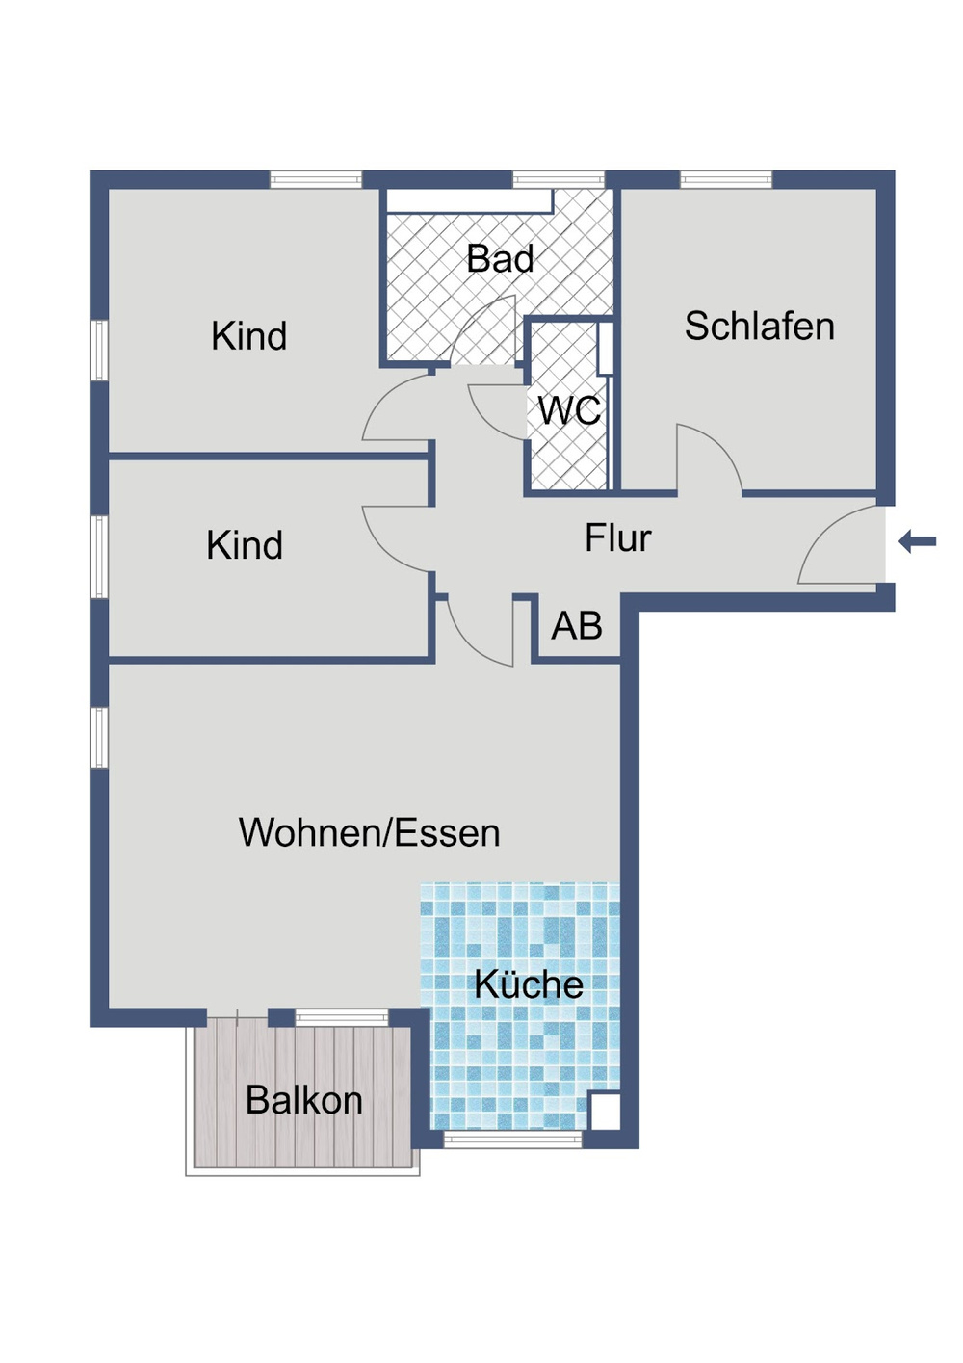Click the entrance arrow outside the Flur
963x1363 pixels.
tap(918, 541)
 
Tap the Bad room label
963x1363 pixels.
tap(500, 259)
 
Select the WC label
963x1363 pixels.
tap(569, 411)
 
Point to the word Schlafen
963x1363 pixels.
tap(759, 327)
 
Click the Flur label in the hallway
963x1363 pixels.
tap(617, 538)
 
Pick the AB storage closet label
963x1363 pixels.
tap(577, 626)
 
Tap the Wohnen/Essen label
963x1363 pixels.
tap(369, 833)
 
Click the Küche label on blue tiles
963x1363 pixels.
tap(529, 984)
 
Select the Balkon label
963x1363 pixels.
tap(303, 1100)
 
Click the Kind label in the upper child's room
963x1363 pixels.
tap(248, 336)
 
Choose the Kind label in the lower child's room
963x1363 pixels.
tap(245, 545)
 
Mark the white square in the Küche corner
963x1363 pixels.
tap(605, 1111)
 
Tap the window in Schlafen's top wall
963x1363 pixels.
tap(726, 179)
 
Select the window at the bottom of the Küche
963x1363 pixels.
tap(512, 1140)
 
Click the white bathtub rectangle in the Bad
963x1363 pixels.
tap(469, 200)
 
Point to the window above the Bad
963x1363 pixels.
tap(559, 179)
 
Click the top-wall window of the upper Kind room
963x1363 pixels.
tap(315, 179)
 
